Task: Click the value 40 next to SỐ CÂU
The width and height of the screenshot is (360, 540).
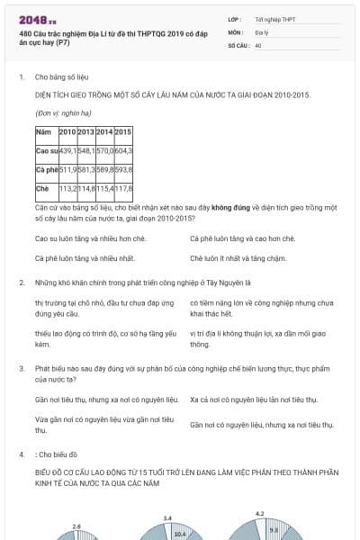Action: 258,44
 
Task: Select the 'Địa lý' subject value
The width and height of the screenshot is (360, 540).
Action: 261,31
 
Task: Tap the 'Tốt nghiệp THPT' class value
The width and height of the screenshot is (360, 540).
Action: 274,19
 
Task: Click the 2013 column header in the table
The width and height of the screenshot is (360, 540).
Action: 86,133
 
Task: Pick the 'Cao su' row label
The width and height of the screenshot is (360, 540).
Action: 46,150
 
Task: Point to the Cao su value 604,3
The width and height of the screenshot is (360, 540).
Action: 124,150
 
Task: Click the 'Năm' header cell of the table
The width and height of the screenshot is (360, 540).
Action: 42,133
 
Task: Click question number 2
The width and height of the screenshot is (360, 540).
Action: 22,283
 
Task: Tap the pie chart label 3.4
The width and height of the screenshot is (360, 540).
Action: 167,518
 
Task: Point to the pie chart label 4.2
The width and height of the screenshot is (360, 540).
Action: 260,514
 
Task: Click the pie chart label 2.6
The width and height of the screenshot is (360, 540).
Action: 76,526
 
